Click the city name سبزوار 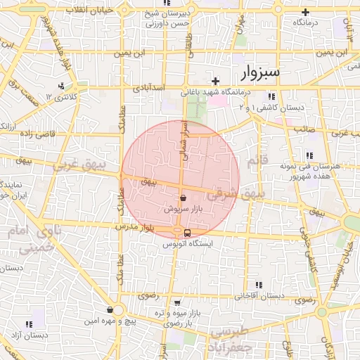point(260,72)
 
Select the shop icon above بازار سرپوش point(184,198)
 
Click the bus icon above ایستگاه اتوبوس point(187,233)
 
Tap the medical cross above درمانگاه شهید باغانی point(217,79)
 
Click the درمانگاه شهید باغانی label point(217,92)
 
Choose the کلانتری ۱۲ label point(60,96)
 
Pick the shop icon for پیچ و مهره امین point(110,309)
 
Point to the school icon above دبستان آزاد point(30,324)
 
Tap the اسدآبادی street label point(148,88)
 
